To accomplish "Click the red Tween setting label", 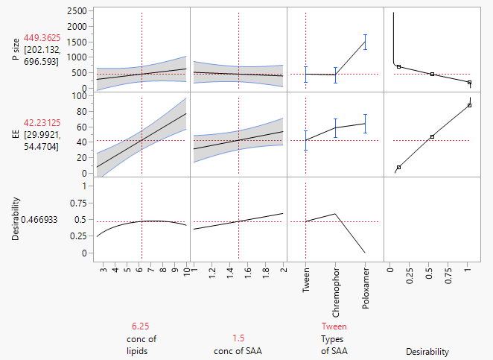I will pos(334,326).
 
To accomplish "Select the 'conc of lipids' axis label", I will pos(141,346).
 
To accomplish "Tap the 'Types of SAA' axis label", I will pos(334,346).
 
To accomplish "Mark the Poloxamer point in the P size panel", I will pos(365,42).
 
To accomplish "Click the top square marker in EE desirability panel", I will pos(470,105).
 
